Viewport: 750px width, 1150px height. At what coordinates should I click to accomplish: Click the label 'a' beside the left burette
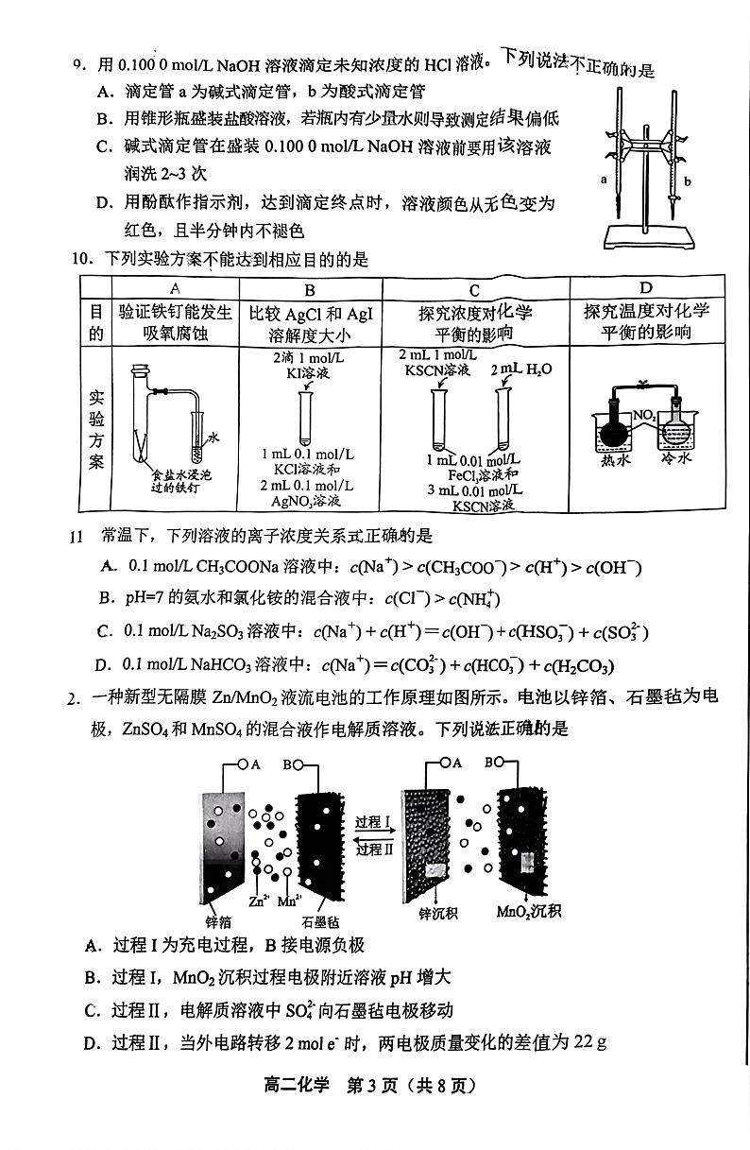coord(603,177)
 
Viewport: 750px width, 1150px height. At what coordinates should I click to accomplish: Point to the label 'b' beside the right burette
coord(688,181)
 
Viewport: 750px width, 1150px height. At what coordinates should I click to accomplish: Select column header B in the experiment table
coord(310,290)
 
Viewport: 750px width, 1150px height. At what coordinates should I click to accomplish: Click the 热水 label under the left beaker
coord(616,462)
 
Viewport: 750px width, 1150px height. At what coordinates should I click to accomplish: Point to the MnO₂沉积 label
coord(529,912)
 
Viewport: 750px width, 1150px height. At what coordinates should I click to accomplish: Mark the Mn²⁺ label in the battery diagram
coord(289,901)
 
